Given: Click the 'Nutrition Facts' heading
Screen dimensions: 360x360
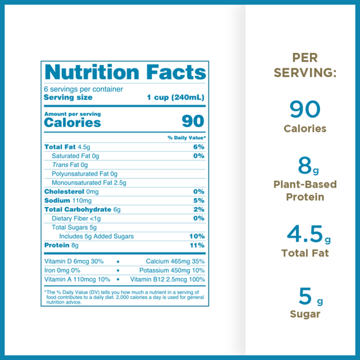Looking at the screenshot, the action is click(125, 72).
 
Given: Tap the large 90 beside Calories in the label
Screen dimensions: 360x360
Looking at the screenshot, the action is click(193, 121).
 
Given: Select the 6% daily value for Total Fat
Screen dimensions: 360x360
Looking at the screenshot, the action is click(199, 147).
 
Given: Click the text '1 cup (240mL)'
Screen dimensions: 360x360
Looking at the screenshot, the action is click(175, 97).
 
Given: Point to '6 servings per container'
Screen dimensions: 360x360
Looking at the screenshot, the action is click(83, 89).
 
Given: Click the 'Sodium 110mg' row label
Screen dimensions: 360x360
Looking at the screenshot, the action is click(67, 200).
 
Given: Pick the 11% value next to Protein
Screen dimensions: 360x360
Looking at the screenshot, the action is click(197, 245).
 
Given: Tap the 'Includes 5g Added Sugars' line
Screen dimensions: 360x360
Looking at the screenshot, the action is click(96, 236).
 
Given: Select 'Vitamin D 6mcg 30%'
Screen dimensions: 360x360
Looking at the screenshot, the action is click(74, 261).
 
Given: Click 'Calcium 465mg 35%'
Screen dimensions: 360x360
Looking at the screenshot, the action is click(175, 261).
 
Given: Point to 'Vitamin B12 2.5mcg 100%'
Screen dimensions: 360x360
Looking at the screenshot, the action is click(168, 280).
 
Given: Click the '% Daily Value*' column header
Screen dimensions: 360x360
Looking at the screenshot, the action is click(186, 138).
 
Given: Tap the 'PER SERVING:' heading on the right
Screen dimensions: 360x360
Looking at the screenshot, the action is click(305, 65).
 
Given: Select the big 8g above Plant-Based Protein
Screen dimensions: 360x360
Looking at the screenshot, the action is click(308, 166).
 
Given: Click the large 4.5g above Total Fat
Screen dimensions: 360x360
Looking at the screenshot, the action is click(309, 234).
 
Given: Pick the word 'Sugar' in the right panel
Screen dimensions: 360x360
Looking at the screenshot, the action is click(305, 314).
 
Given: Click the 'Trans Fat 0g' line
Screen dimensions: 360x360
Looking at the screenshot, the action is click(70, 165).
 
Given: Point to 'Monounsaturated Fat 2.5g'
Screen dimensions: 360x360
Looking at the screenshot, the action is click(89, 183).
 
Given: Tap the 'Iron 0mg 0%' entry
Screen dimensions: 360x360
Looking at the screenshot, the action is click(62, 270).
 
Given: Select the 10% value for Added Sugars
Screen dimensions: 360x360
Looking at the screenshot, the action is click(197, 236).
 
